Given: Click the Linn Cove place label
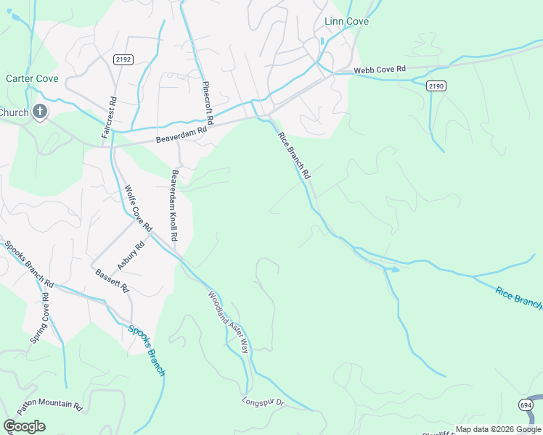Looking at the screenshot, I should pyautogui.click(x=346, y=22).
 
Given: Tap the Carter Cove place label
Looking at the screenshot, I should pyautogui.click(x=27, y=78).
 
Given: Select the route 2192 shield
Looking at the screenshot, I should pyautogui.click(x=123, y=59).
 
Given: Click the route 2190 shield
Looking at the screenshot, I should pyautogui.click(x=436, y=86).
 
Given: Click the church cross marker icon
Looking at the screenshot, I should pyautogui.click(x=40, y=112).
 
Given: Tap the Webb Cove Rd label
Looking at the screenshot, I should pyautogui.click(x=380, y=70).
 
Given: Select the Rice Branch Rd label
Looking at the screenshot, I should pyautogui.click(x=295, y=157).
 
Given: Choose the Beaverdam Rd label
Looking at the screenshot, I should pyautogui.click(x=181, y=133).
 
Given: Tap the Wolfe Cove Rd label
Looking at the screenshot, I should pyautogui.click(x=138, y=208).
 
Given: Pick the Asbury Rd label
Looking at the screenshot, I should pyautogui.click(x=131, y=255).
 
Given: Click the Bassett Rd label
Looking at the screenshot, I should pyautogui.click(x=112, y=281).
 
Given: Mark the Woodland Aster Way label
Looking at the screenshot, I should pyautogui.click(x=229, y=321).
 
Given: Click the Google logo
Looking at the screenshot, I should pyautogui.click(x=24, y=426).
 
